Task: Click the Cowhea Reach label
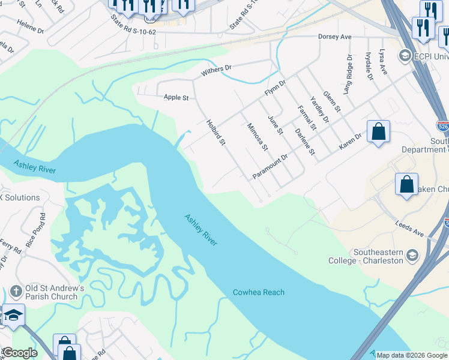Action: pos(258,292)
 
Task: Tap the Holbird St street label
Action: pos(215,133)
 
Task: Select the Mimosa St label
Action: pos(257,136)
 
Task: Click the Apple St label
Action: pos(176,97)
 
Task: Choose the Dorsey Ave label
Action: pos(334,37)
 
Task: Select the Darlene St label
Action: pos(305,142)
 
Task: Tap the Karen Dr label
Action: pos(350,141)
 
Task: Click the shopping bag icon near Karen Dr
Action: pos(378,131)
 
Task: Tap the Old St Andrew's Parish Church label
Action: pos(52,292)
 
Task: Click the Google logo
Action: pos(20,353)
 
